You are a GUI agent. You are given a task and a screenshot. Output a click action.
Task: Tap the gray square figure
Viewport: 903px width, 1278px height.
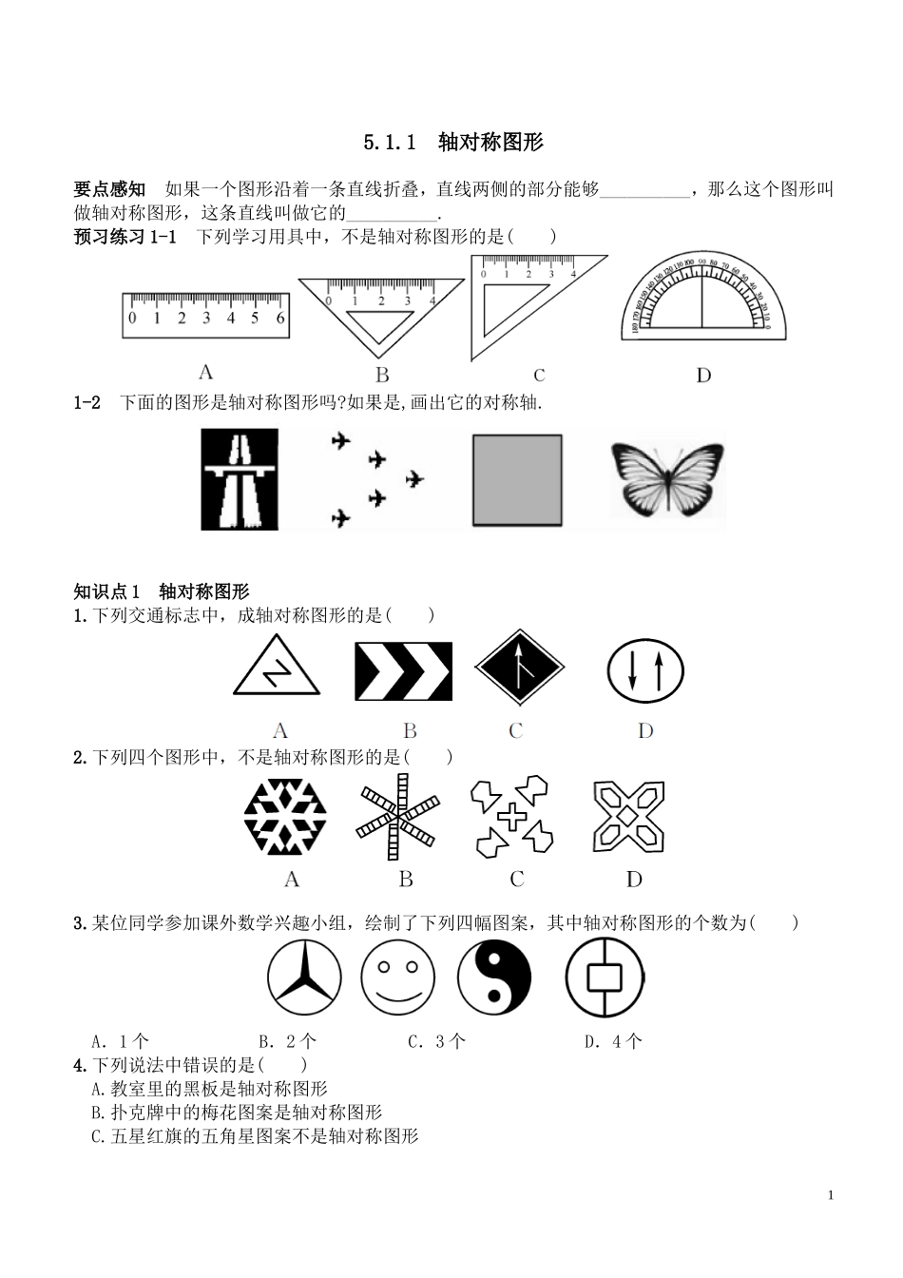pyautogui.click(x=516, y=480)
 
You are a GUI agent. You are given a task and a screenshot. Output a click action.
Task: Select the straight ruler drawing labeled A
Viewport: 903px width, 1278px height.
pyautogui.click(x=205, y=315)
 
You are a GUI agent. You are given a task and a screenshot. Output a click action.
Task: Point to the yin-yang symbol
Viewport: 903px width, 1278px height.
pyautogui.click(x=494, y=978)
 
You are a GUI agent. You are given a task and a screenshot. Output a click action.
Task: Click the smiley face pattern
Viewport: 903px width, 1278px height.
pyautogui.click(x=397, y=978)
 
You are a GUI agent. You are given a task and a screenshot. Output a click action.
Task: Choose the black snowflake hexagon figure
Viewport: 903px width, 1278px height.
pyautogui.click(x=285, y=818)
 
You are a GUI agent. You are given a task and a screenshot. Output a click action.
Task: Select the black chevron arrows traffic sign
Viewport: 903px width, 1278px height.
pyautogui.click(x=403, y=671)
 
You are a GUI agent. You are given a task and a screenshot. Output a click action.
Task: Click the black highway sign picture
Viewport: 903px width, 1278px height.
pyautogui.click(x=240, y=479)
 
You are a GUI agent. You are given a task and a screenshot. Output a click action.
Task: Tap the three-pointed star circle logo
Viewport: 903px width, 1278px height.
pyautogui.click(x=304, y=978)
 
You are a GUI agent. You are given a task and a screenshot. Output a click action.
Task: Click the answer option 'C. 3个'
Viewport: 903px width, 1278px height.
pyautogui.click(x=436, y=1041)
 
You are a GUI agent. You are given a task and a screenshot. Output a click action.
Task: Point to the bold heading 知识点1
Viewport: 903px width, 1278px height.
pyautogui.click(x=106, y=591)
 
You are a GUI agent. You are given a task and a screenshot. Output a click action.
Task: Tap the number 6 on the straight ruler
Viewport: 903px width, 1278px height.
pyautogui.click(x=280, y=318)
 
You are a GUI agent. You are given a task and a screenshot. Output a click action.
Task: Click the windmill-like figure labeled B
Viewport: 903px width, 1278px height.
pyautogui.click(x=397, y=818)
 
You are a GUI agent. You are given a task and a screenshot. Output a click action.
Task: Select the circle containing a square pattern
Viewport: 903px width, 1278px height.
pyautogui.click(x=604, y=978)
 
